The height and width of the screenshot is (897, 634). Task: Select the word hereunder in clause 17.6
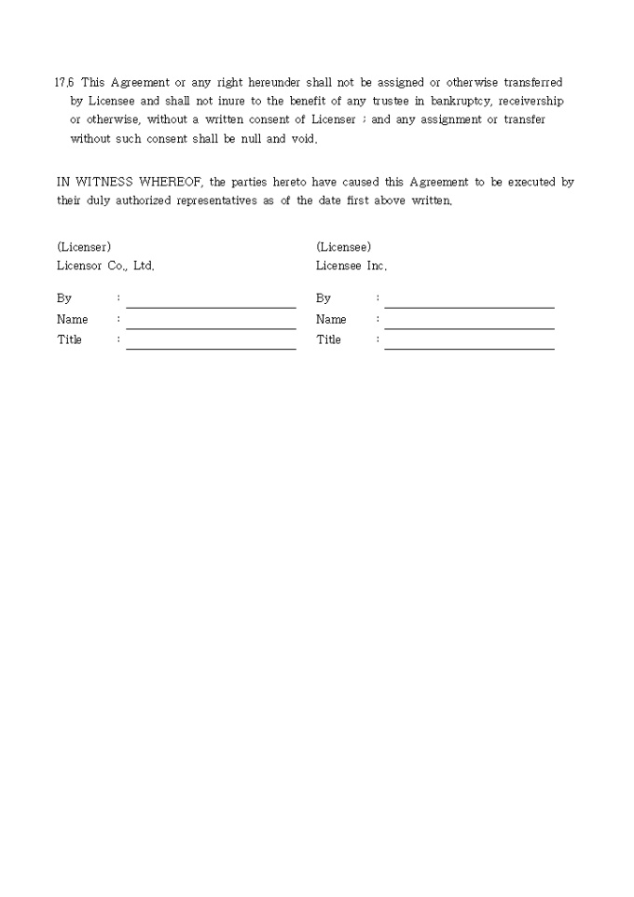[276, 83]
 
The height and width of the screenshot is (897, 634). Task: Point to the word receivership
[532, 102]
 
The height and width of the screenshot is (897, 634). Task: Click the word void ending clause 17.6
[303, 139]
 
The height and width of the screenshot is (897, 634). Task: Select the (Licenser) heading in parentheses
[84, 247]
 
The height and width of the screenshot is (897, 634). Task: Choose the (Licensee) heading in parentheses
[343, 247]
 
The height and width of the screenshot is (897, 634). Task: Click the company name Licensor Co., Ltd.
[105, 266]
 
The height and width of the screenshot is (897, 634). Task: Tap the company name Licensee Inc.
[351, 266]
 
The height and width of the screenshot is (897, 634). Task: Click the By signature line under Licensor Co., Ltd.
[211, 305]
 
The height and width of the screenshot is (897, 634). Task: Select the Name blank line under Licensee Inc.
[469, 326]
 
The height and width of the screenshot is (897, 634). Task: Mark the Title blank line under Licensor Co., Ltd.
[211, 347]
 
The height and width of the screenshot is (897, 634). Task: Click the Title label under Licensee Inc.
[328, 340]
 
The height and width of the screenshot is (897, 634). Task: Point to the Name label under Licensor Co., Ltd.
[73, 320]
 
